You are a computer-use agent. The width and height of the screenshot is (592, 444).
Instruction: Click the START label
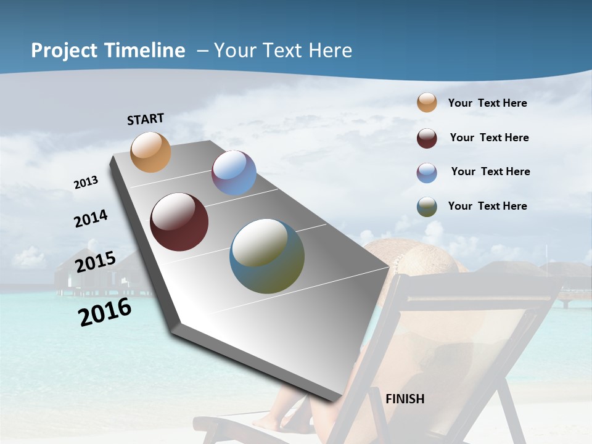[146, 119]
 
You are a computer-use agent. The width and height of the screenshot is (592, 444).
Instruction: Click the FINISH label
[405, 399]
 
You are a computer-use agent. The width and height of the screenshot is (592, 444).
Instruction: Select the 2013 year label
[86, 183]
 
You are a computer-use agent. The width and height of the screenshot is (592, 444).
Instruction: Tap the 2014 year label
[91, 219]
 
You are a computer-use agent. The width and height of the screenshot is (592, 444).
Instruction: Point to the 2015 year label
[96, 262]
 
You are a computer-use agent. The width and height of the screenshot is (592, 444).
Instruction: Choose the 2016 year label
[105, 312]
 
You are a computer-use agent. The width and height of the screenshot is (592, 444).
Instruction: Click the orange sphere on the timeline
[150, 152]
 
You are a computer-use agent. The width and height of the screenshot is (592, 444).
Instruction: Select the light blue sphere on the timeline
[234, 173]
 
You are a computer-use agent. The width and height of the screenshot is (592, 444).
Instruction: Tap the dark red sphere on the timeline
[179, 222]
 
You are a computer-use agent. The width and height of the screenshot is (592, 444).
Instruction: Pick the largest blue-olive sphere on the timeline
[267, 256]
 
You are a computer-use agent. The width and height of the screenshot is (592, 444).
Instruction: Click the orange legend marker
[427, 102]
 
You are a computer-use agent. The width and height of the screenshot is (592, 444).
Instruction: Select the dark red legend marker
[427, 138]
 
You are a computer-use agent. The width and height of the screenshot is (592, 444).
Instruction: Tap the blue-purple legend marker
[427, 173]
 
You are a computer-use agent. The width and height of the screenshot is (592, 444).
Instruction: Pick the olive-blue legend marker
[427, 207]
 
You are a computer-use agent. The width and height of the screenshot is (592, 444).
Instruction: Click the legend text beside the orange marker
[487, 103]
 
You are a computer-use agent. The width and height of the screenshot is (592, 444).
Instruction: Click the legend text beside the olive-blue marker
[487, 206]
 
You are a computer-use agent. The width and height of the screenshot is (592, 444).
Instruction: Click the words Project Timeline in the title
[108, 51]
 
